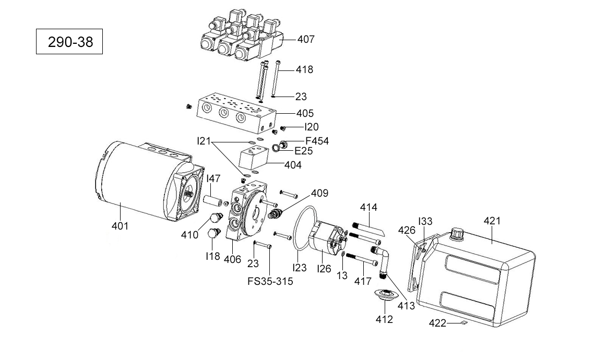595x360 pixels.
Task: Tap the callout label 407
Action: (306, 39)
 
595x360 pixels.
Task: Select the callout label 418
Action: (304, 69)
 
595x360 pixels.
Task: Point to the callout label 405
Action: (305, 113)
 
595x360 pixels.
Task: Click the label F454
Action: (317, 141)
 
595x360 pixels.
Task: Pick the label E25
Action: (304, 151)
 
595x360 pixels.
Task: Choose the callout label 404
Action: (293, 165)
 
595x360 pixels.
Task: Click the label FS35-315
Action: (270, 281)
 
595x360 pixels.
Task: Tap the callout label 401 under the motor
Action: (120, 226)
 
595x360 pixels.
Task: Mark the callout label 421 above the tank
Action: (492, 221)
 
